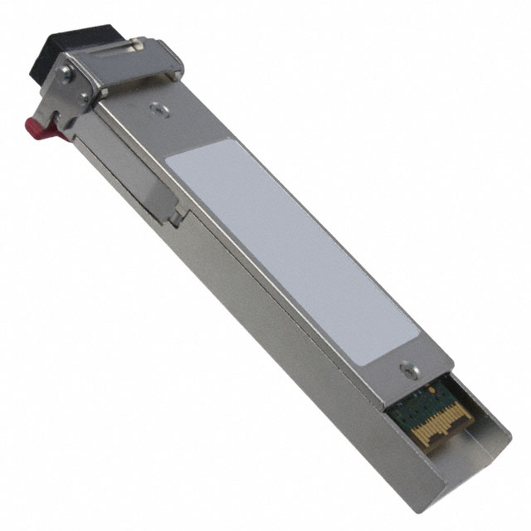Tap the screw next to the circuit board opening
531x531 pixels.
pyautogui.click(x=406, y=368)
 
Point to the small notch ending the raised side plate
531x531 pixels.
pyautogui.click(x=177, y=217)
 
